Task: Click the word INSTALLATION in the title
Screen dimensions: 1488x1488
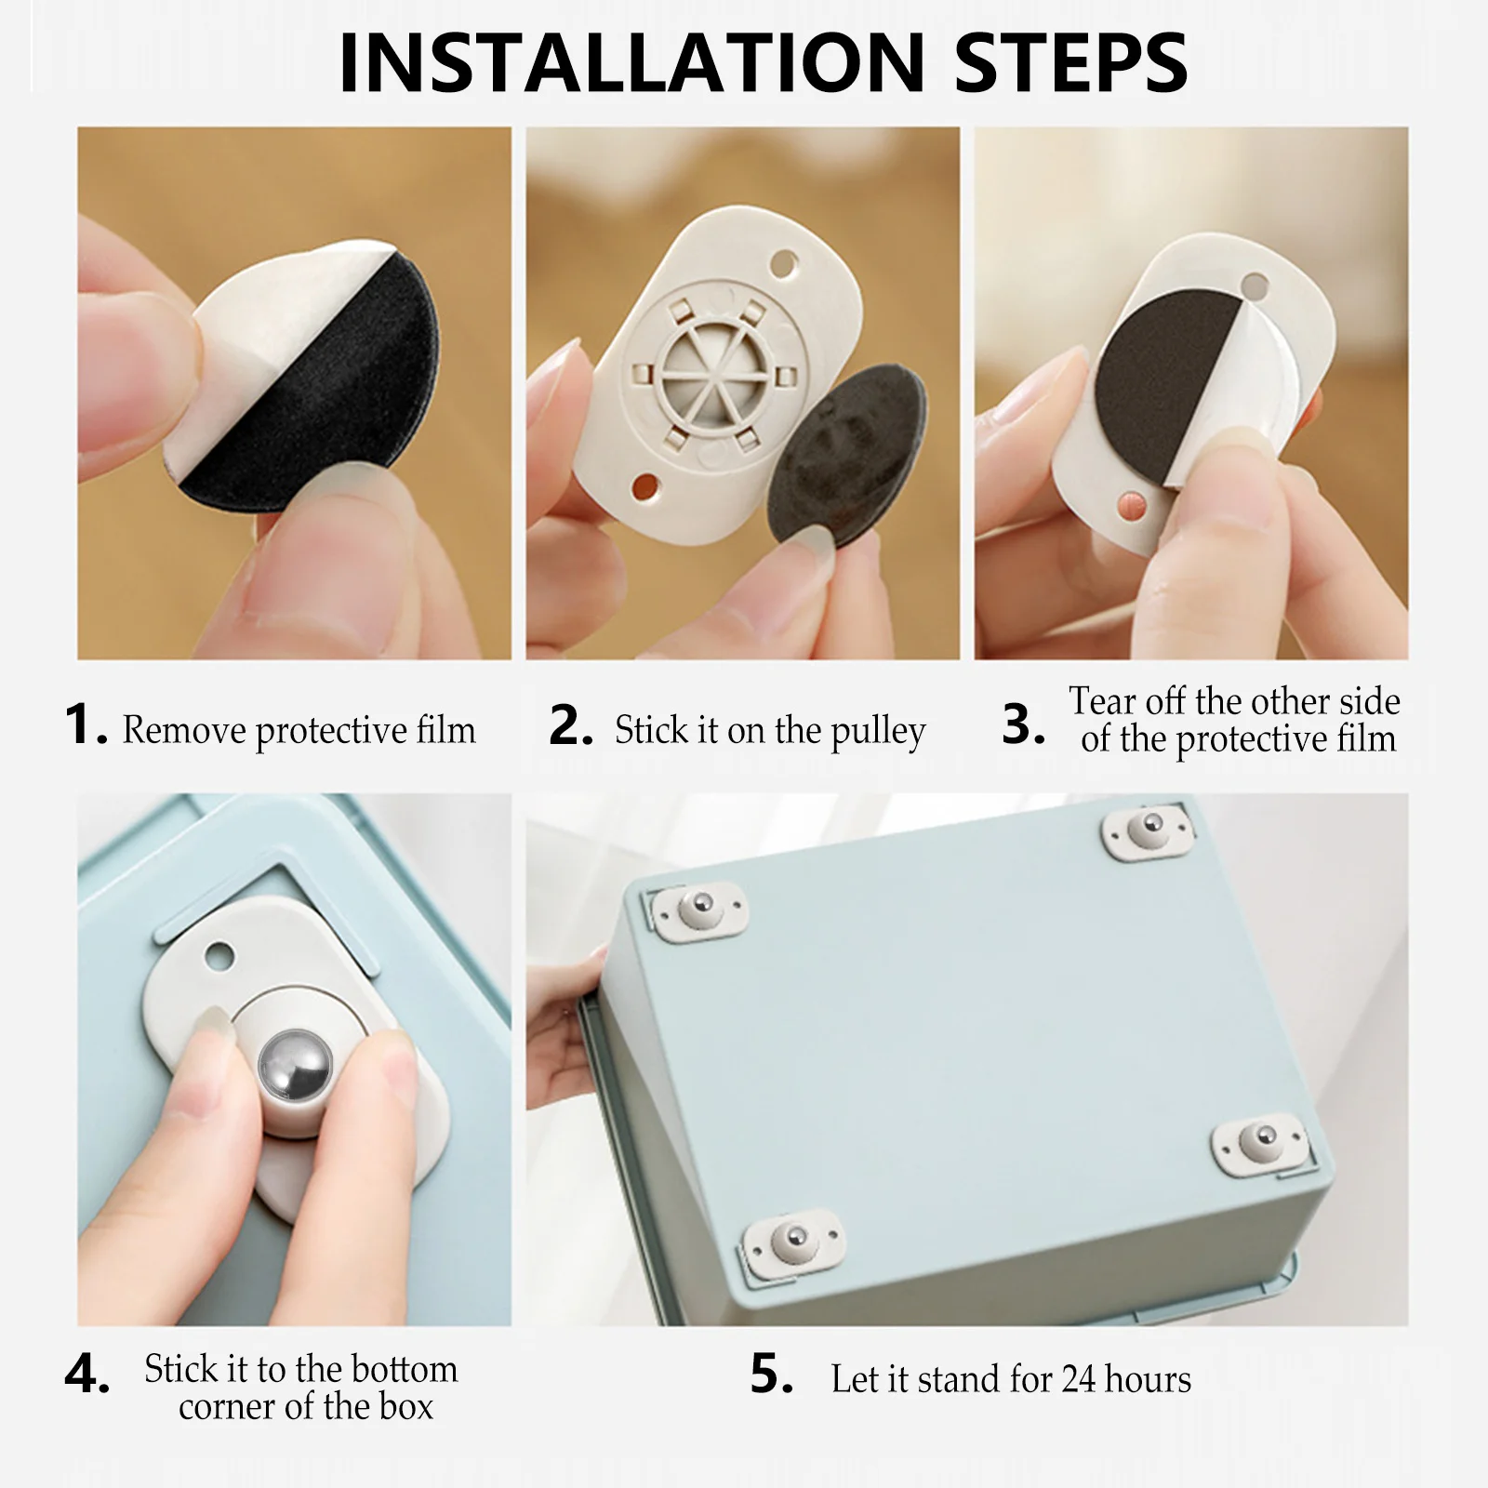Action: [632, 63]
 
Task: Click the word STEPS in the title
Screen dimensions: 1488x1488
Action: [1071, 63]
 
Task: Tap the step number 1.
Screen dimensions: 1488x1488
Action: [86, 724]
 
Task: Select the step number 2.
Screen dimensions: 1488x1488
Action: [570, 725]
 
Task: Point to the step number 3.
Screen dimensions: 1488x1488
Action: [1023, 724]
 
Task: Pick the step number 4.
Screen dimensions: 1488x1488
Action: [86, 1374]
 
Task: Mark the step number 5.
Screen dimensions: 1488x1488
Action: [772, 1374]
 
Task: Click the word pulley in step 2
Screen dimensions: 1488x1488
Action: [878, 733]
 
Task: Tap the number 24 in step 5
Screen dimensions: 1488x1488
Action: [1079, 1379]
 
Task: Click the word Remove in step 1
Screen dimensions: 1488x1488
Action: [183, 731]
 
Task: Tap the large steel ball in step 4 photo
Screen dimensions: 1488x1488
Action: [295, 1067]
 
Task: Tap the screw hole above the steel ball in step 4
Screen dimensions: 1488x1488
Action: [219, 955]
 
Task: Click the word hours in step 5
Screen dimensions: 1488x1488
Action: [1149, 1379]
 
